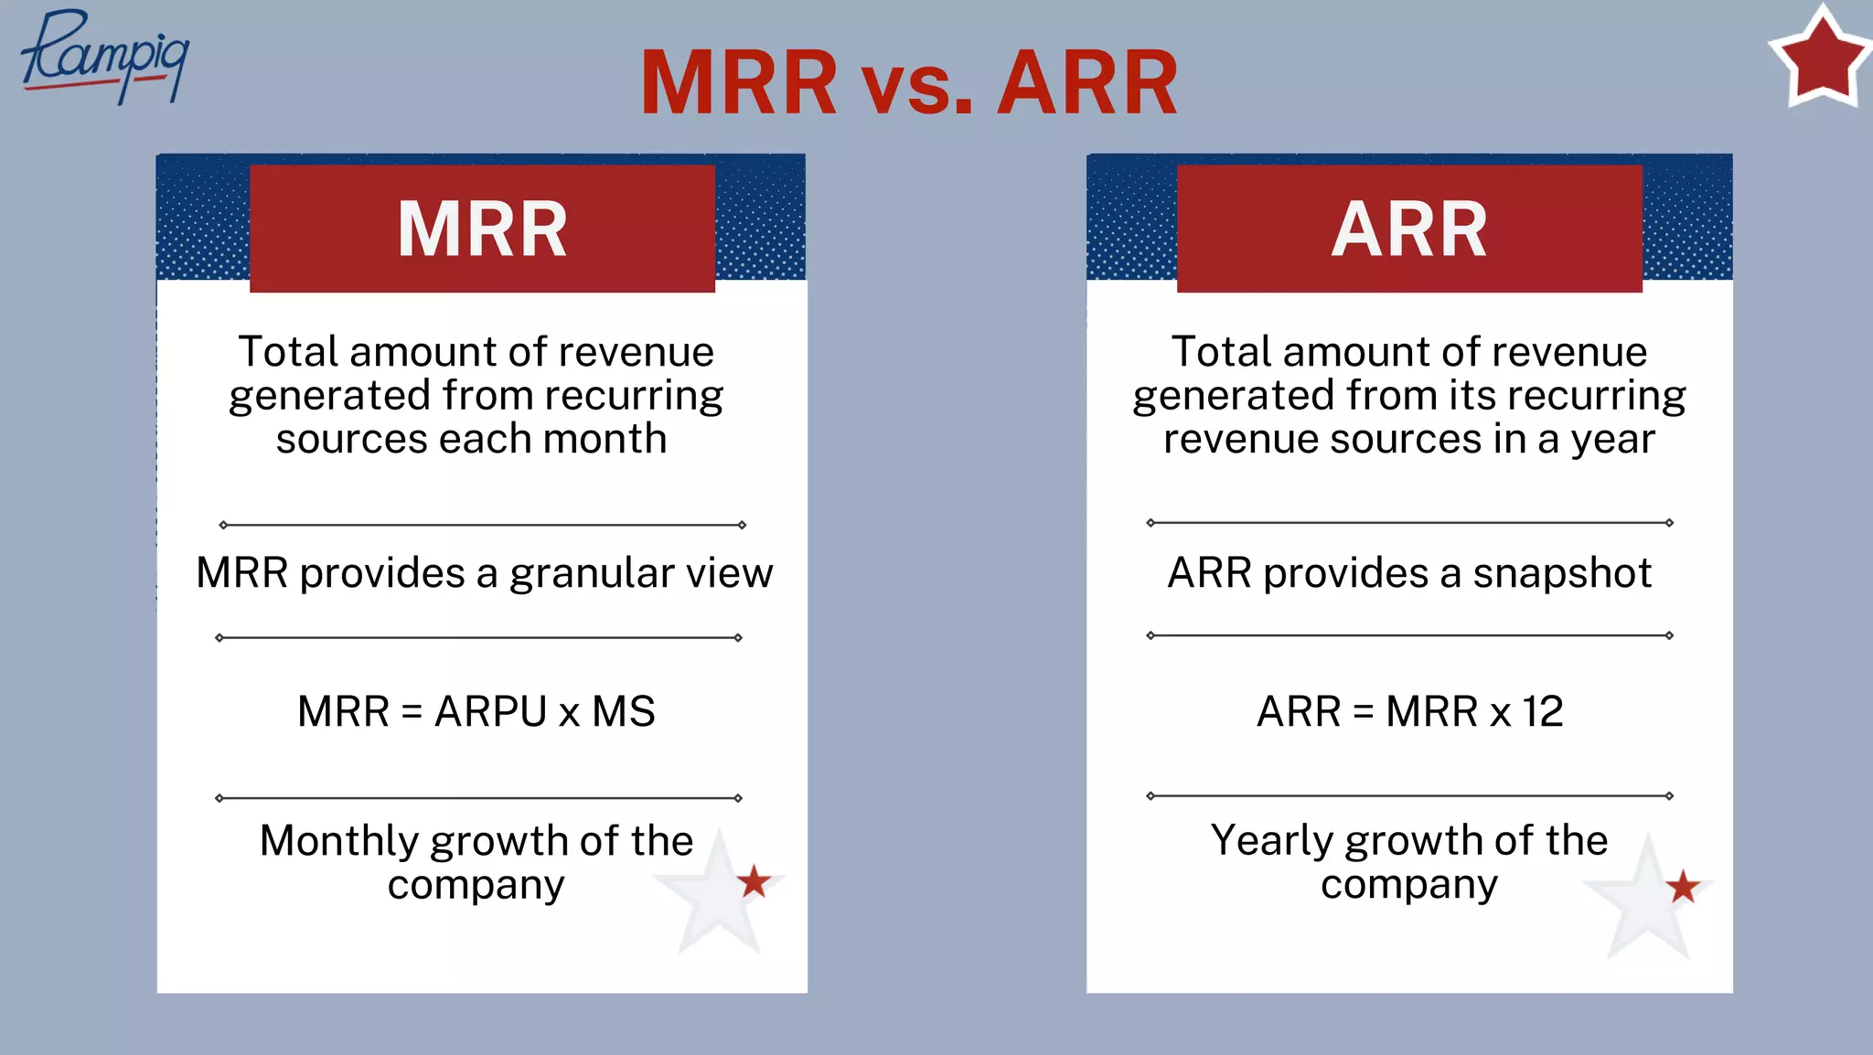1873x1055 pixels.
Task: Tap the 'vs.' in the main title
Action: tap(917, 84)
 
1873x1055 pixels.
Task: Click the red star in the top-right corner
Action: tap(1821, 59)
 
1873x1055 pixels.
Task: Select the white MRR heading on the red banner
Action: tap(482, 229)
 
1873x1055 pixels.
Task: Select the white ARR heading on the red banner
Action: tap(1409, 229)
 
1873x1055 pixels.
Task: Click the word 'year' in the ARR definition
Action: tap(1612, 440)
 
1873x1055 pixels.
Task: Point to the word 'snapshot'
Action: tap(1562, 573)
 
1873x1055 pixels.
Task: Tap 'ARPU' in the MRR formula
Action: tap(490, 711)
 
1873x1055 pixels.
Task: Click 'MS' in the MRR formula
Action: tap(624, 711)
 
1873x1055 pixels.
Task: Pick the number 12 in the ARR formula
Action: tap(1542, 711)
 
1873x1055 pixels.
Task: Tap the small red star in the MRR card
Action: tap(754, 882)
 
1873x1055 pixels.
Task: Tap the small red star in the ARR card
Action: tap(1682, 887)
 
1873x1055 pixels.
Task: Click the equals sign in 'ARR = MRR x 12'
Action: tap(1363, 712)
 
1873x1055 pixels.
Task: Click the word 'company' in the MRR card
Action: tap(476, 885)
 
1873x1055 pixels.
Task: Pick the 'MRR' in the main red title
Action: tap(739, 84)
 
